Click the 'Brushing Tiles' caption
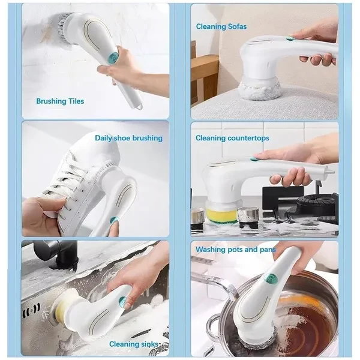[60, 101]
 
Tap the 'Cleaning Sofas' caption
[221, 26]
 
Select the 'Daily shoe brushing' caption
[128, 138]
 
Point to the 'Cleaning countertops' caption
[232, 138]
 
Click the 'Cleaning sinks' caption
[134, 344]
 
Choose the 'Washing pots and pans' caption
[236, 250]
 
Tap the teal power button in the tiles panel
[113, 56]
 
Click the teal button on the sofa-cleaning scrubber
[290, 38]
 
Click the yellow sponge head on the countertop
[221, 215]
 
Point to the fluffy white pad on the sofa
[260, 91]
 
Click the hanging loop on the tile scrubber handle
[139, 106]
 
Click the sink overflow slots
[31, 310]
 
